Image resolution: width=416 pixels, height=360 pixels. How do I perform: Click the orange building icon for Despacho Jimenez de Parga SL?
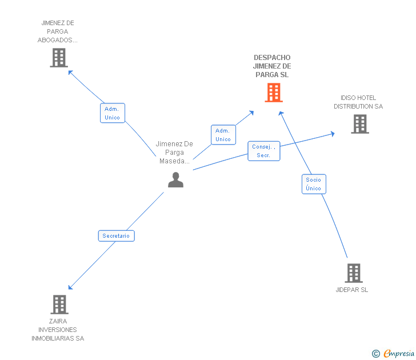pyautogui.click(x=274, y=93)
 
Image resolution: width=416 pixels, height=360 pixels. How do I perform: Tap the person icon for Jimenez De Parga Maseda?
pyautogui.click(x=175, y=179)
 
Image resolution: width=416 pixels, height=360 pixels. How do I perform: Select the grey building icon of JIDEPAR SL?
pyautogui.click(x=354, y=273)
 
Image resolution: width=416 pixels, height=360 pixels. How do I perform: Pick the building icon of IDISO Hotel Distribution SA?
pyautogui.click(x=359, y=124)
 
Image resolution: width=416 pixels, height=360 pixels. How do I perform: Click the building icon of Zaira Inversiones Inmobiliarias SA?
pyautogui.click(x=59, y=305)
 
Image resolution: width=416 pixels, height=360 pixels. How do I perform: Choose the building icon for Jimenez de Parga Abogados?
pyautogui.click(x=59, y=58)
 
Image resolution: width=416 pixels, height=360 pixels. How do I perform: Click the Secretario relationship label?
pyautogui.click(x=116, y=235)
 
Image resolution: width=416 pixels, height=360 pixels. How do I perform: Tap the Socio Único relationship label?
pyautogui.click(x=314, y=184)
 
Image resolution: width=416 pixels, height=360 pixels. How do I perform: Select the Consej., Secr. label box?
pyautogui.click(x=264, y=151)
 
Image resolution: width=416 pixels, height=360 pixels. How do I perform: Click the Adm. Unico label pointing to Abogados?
pyautogui.click(x=113, y=113)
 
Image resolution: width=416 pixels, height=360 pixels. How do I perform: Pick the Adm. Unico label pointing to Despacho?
pyautogui.click(x=223, y=135)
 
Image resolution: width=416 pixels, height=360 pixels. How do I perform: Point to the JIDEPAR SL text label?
pyautogui.click(x=352, y=290)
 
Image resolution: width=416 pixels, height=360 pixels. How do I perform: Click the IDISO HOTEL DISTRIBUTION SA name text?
pyautogui.click(x=358, y=102)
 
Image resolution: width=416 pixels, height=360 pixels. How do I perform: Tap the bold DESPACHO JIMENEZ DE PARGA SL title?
pyautogui.click(x=272, y=66)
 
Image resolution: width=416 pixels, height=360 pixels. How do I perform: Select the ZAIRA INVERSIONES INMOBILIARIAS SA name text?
pyautogui.click(x=58, y=330)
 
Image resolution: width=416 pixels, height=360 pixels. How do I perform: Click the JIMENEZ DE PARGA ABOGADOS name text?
pyautogui.click(x=58, y=31)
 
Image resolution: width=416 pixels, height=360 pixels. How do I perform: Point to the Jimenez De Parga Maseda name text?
pyautogui.click(x=174, y=153)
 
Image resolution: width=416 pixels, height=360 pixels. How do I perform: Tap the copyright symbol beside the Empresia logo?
pyautogui.click(x=376, y=354)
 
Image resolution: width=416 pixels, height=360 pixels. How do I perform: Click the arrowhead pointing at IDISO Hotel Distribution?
pyautogui.click(x=333, y=134)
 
